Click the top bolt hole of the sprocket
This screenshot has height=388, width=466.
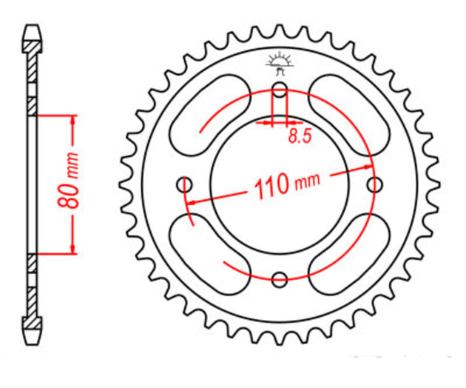[280, 90]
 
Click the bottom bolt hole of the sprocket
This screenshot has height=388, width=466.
[280, 279]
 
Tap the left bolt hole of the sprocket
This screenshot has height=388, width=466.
[185, 184]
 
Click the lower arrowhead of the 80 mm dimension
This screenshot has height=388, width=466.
[73, 250]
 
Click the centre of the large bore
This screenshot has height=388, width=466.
[280, 184]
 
